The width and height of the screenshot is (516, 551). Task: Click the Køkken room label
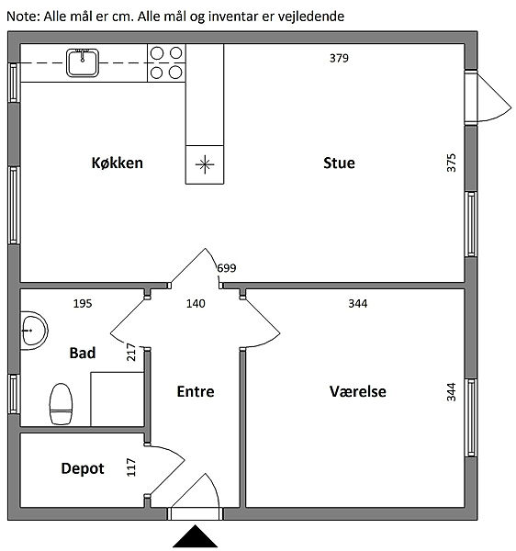118,163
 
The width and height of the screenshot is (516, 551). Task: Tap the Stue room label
339,163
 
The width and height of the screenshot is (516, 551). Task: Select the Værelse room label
357,391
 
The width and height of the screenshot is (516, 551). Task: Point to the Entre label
196,391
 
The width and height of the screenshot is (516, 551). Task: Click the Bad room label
83,353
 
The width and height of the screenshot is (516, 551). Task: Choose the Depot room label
83,468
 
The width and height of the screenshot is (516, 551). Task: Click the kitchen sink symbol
83,62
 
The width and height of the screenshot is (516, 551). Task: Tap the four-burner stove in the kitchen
166,62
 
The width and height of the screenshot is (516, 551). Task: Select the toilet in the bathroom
61,404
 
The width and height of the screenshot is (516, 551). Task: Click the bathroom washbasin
34,331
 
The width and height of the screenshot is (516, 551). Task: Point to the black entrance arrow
196,536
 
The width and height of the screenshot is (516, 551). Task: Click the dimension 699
227,268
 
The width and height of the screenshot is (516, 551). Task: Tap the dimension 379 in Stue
339,58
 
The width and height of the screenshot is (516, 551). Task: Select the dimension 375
451,163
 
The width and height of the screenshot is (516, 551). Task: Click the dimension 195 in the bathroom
83,303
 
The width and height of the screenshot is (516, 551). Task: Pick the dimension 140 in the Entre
196,303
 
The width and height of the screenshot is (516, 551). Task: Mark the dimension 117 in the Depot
130,467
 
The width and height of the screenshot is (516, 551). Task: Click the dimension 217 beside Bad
130,352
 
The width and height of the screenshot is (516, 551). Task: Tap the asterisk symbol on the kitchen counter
205,164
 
